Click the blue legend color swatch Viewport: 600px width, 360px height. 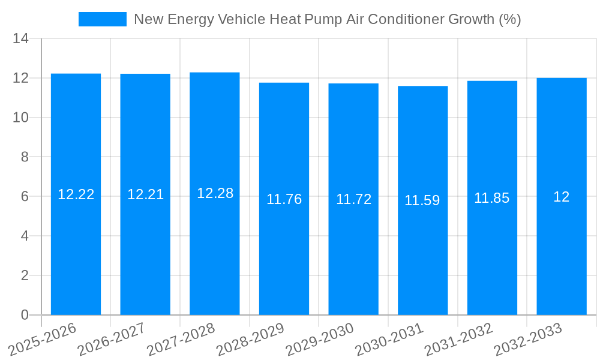click(x=102, y=19)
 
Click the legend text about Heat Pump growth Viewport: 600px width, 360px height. click(x=327, y=19)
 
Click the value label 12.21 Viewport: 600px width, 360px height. click(x=145, y=194)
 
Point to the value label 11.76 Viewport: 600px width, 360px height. click(x=284, y=199)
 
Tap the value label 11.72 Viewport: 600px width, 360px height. click(x=353, y=199)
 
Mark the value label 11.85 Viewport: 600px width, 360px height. click(x=492, y=198)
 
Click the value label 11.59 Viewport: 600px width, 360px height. click(x=422, y=200)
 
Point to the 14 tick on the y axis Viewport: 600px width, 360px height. click(x=20, y=39)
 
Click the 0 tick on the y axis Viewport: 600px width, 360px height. click(x=25, y=315)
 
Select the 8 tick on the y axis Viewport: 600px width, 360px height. click(x=25, y=157)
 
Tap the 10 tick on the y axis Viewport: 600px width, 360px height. click(x=20, y=118)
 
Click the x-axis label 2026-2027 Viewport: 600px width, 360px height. click(x=112, y=340)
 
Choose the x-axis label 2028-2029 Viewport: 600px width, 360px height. click(x=250, y=340)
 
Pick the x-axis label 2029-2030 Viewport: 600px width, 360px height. click(x=320, y=340)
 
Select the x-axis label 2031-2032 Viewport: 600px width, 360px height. click(x=458, y=340)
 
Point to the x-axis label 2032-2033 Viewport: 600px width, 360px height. click(x=528, y=340)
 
